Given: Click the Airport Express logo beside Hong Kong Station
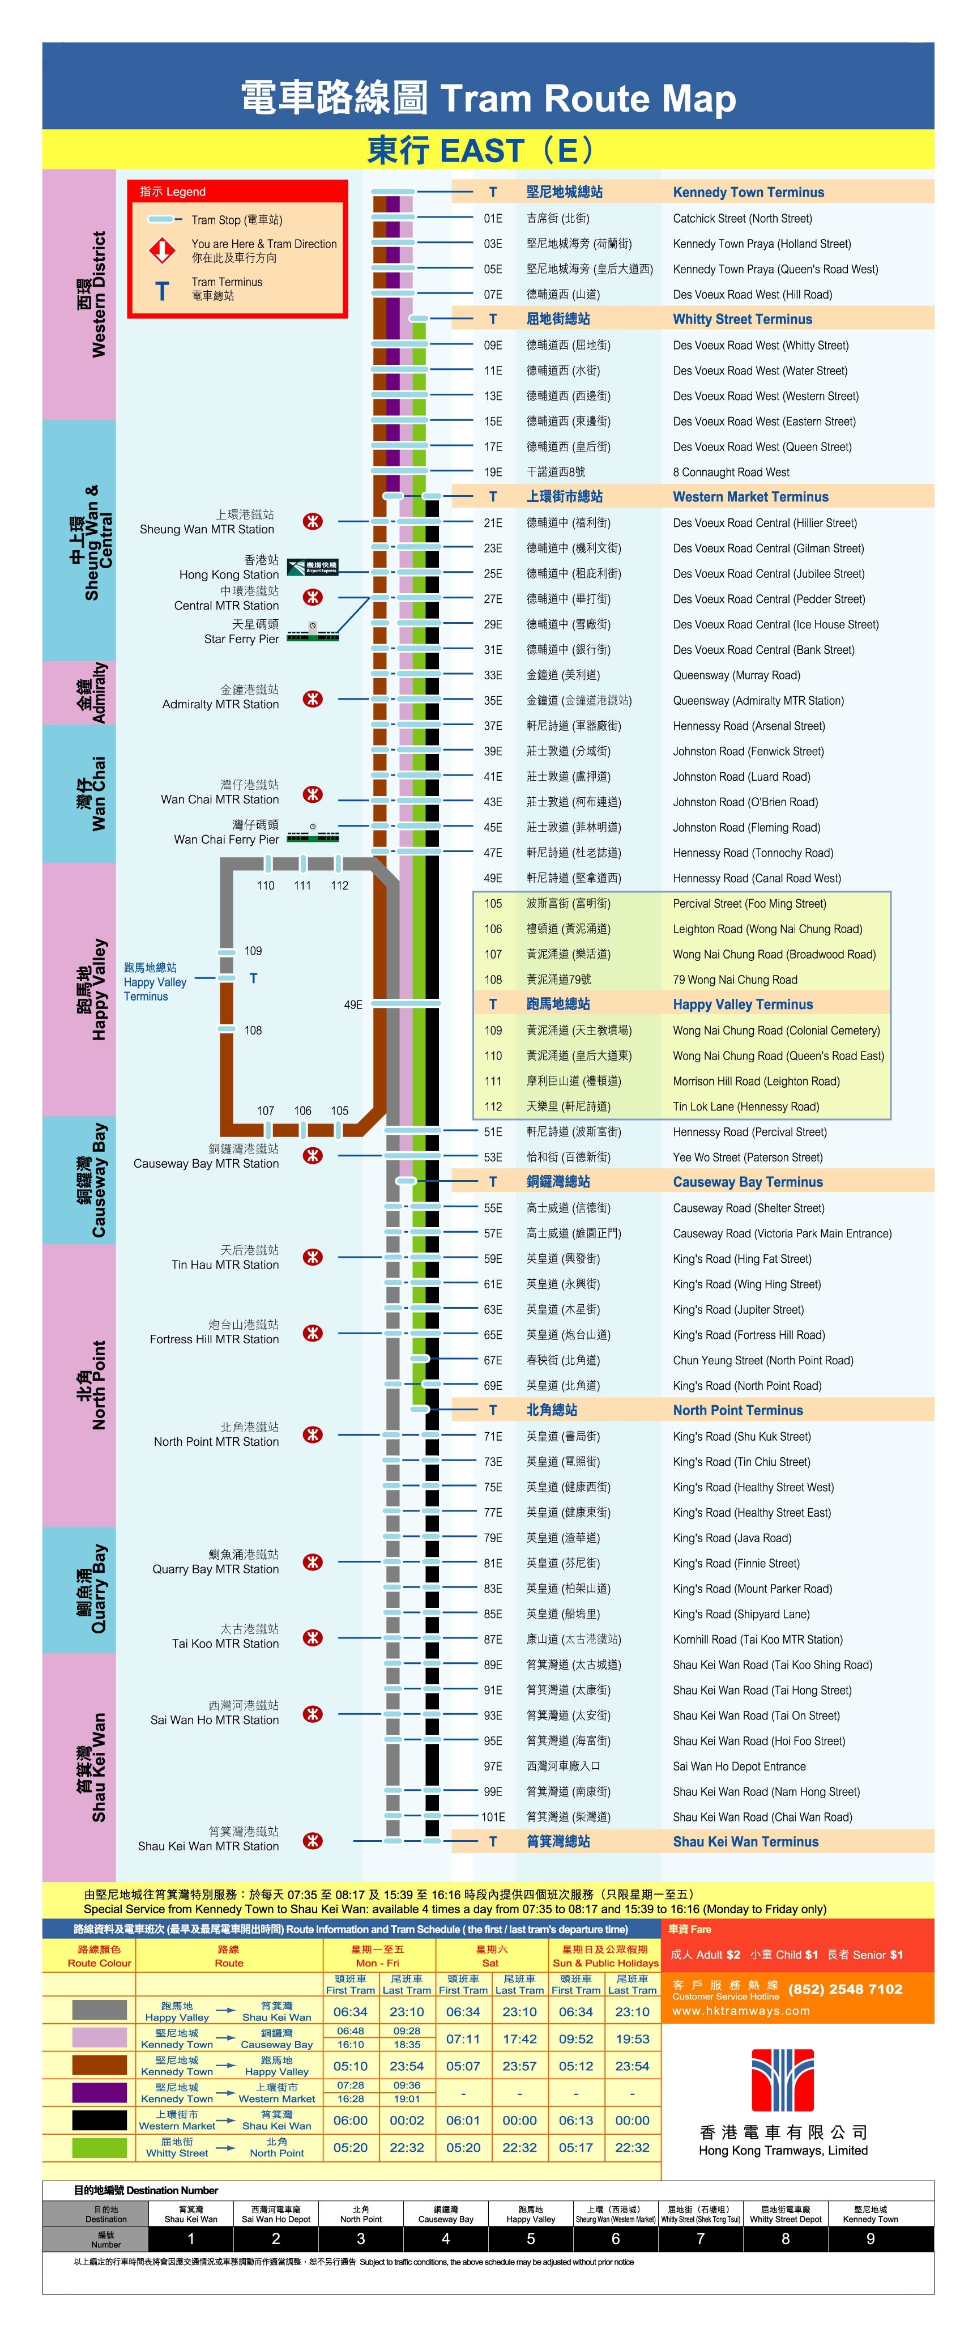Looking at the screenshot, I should pyautogui.click(x=312, y=567).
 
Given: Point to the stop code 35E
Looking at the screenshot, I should pyautogui.click(x=493, y=700).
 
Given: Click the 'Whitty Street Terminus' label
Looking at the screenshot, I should pyautogui.click(x=742, y=320).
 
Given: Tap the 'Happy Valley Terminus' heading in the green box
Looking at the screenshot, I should pyautogui.click(x=742, y=1004).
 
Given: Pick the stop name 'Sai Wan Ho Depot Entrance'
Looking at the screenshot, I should pyautogui.click(x=739, y=1766).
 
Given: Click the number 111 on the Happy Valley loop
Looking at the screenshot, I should pyautogui.click(x=302, y=886).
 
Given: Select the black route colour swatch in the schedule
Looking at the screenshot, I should pyautogui.click(x=100, y=2120).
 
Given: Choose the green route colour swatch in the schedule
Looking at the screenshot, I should pyautogui.click(x=100, y=2147).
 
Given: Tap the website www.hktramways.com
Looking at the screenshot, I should pyautogui.click(x=740, y=2011).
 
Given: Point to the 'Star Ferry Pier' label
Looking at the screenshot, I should pyautogui.click(x=241, y=638).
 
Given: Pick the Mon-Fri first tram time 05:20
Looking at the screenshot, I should pyautogui.click(x=350, y=2147).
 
